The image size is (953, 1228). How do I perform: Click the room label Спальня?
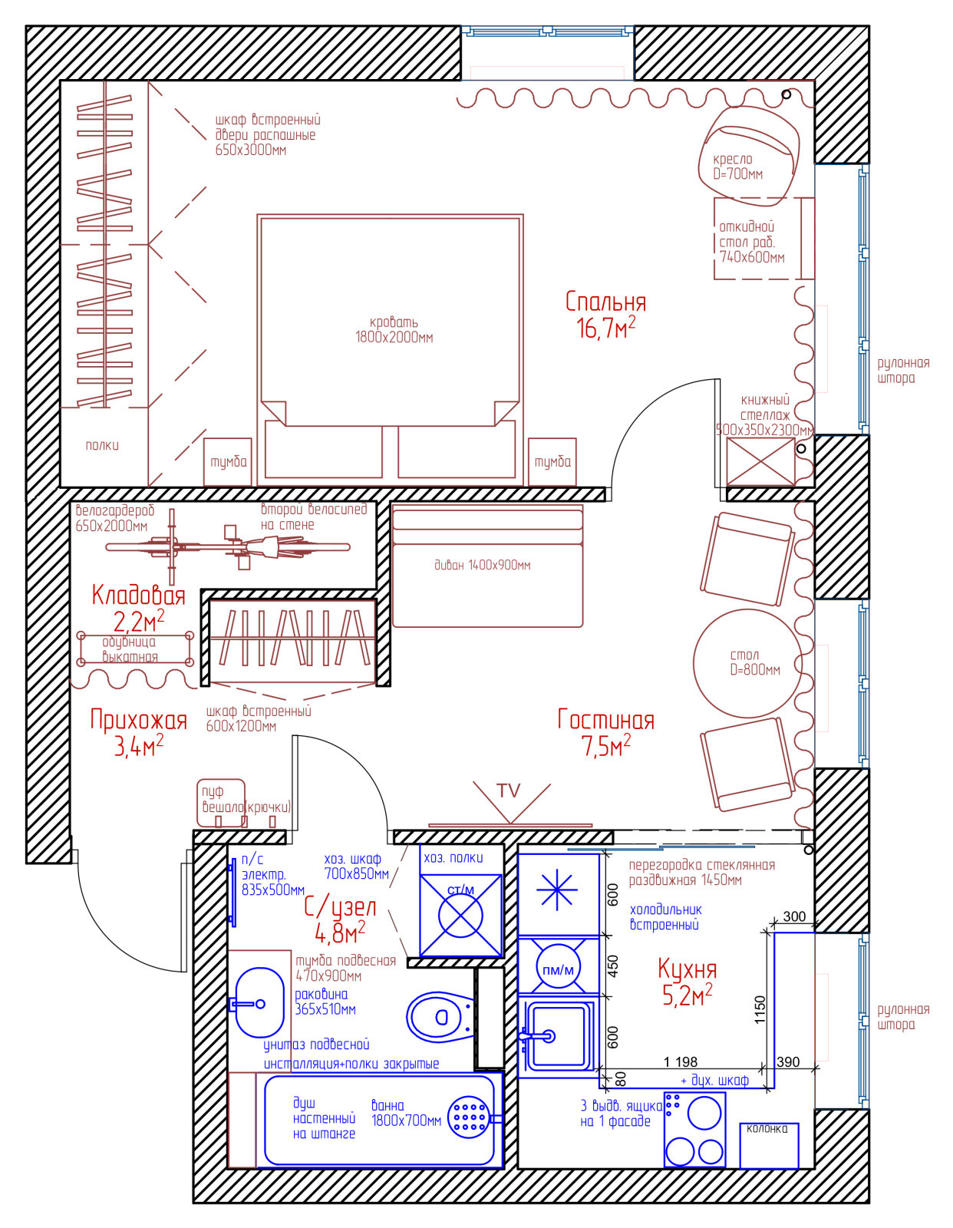click(x=605, y=302)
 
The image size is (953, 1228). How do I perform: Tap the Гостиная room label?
click(x=605, y=720)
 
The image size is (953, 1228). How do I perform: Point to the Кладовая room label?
click(x=138, y=596)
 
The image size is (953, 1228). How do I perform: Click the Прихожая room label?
click(x=138, y=720)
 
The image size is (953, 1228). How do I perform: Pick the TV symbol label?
click(x=509, y=791)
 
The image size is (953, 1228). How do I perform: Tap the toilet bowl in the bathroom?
click(x=440, y=1017)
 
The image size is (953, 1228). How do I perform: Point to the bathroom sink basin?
click(x=260, y=1004)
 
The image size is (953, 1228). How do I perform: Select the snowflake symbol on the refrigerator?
click(x=556, y=890)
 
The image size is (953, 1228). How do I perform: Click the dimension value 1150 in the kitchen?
click(x=760, y=1010)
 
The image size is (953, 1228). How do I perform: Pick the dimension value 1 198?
click(x=680, y=1062)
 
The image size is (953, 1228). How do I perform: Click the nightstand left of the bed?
click(x=228, y=462)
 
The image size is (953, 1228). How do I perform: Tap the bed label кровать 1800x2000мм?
click(x=394, y=330)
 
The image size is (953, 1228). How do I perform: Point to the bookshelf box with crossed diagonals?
click(x=760, y=462)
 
